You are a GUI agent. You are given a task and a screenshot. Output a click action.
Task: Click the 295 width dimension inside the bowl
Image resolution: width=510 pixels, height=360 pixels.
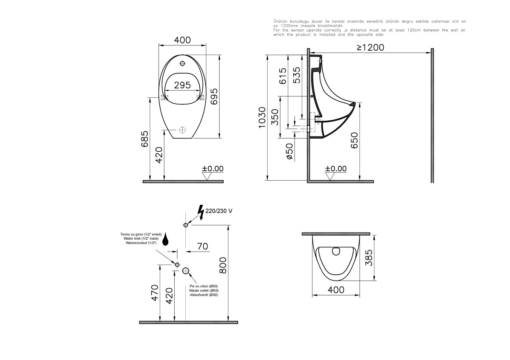click(182, 85)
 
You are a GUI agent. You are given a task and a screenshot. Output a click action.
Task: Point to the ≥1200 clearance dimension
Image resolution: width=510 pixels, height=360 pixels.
click(370, 47)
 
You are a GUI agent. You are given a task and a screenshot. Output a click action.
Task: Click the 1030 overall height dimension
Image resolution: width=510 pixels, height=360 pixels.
click(262, 118)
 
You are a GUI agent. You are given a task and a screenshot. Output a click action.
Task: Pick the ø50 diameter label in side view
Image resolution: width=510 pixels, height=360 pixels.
click(289, 151)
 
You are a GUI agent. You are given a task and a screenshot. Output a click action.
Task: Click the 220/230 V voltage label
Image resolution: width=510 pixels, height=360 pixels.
click(219, 211)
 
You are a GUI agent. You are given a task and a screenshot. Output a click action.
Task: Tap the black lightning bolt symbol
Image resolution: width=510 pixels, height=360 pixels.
click(201, 212)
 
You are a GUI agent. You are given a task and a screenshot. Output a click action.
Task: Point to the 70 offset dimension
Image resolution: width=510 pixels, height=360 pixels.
click(203, 246)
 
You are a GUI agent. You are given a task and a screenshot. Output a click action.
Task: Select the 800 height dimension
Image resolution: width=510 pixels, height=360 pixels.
click(223, 266)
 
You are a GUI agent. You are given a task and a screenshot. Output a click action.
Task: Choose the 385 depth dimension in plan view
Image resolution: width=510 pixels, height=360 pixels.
click(368, 257)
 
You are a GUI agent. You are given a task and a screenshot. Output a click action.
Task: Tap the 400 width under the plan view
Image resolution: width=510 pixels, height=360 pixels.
click(336, 289)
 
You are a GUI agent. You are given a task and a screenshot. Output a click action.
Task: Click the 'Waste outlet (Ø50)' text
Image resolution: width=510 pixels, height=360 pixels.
click(204, 290)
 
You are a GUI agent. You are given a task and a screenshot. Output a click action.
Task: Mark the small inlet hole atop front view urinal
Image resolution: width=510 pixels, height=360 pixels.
click(183, 64)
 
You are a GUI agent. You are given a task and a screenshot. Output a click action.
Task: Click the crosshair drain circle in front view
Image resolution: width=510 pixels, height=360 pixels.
click(183, 129)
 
